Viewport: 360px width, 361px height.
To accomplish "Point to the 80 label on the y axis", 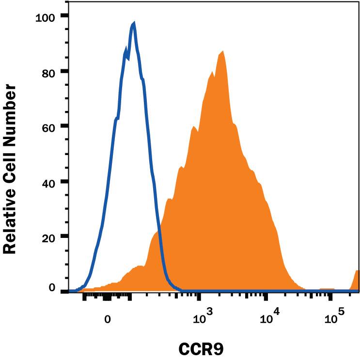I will pyautogui.click(x=48, y=71).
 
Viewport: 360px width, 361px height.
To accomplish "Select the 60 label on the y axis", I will pyautogui.click(x=48, y=126).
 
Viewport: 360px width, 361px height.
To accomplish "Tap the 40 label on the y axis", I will pyautogui.click(x=48, y=182).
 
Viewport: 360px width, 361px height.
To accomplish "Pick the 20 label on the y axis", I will pyautogui.click(x=48, y=237).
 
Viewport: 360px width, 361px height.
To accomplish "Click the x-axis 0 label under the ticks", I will pyautogui.click(x=109, y=320).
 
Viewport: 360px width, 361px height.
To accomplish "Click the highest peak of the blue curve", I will pyautogui.click(x=134, y=23).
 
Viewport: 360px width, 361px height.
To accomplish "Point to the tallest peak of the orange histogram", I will pyautogui.click(x=222, y=51).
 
